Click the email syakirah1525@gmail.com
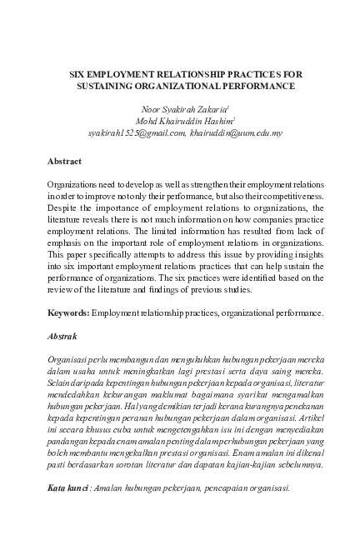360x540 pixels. [x=134, y=132]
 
